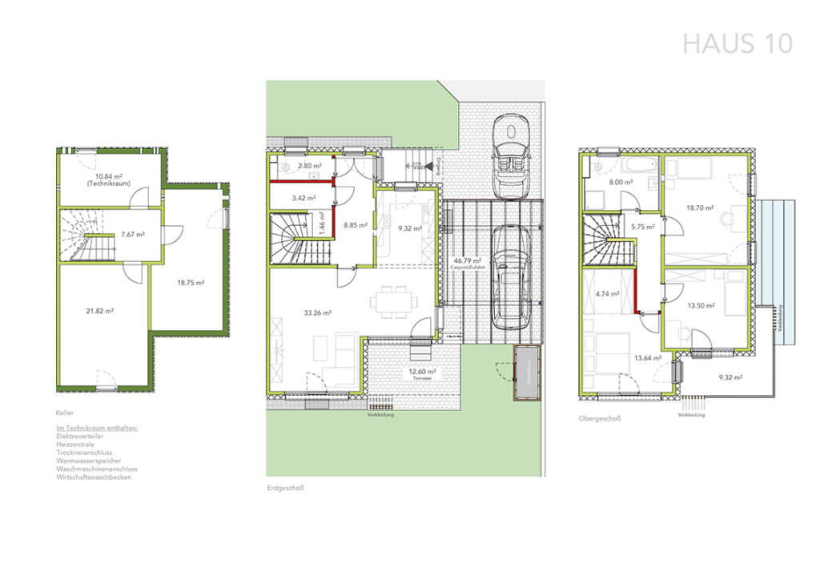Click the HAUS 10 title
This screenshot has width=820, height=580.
[737, 43]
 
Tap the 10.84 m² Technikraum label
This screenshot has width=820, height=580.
[113, 179]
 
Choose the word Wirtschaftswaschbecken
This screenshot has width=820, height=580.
[93, 477]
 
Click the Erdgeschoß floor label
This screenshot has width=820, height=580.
[287, 487]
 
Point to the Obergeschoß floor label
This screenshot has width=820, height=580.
[600, 418]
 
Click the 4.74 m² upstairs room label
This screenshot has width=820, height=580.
[608, 294]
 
